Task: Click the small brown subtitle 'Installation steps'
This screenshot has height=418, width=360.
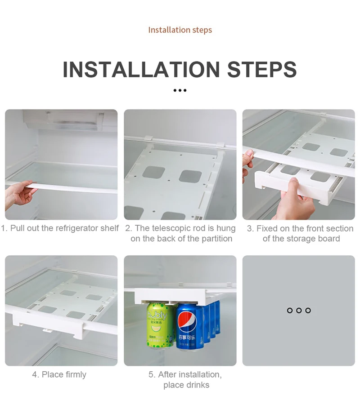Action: point(180,30)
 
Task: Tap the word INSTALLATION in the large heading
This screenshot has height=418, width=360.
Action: point(141,69)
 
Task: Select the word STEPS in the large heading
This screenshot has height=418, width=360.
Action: point(262,69)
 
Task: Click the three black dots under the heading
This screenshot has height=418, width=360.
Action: point(180,90)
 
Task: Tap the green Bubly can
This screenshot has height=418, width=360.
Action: point(160,325)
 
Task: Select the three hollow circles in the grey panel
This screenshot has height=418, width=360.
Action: point(299,310)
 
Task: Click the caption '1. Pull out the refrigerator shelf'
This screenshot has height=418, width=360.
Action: point(60,228)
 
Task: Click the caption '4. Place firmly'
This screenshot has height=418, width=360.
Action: point(59,374)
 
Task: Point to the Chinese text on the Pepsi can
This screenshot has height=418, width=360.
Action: point(187,338)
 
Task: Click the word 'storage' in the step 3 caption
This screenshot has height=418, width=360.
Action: point(301,239)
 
